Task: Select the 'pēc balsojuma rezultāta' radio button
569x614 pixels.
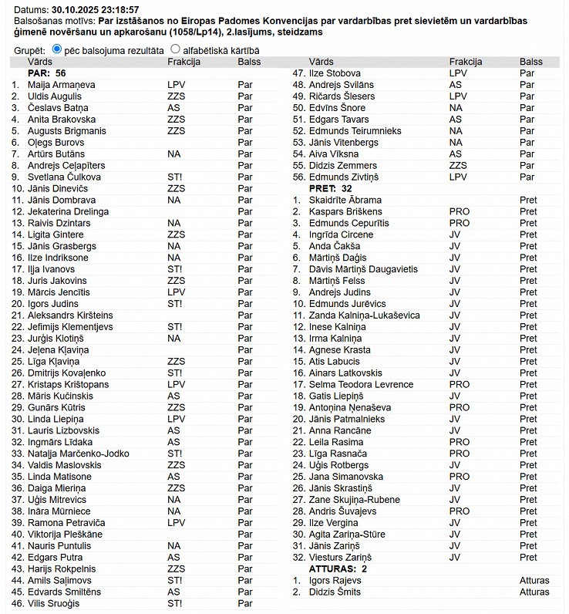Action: tap(56, 49)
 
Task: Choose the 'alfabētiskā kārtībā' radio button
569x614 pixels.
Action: tap(175, 49)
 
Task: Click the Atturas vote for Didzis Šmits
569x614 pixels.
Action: tap(534, 592)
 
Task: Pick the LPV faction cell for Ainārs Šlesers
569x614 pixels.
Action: tap(458, 96)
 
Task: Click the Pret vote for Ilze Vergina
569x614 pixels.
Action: tap(528, 523)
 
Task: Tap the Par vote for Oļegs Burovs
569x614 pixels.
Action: tap(245, 142)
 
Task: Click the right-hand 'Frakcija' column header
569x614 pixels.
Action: tap(466, 61)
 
